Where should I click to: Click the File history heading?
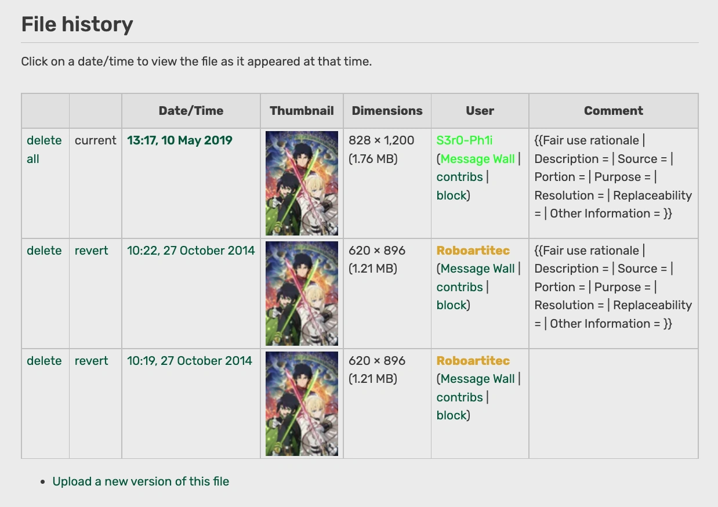[x=77, y=24]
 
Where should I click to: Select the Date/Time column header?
[x=191, y=111]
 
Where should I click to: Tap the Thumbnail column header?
[x=302, y=111]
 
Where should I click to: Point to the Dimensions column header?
[x=387, y=111]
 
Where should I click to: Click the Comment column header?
[x=613, y=111]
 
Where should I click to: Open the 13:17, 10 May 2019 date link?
[x=180, y=140]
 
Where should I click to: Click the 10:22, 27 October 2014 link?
[x=191, y=251]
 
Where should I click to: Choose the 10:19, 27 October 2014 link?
[x=190, y=361]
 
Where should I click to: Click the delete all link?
[x=44, y=149]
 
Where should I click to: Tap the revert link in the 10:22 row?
[x=92, y=251]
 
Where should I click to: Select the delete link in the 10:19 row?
[x=44, y=361]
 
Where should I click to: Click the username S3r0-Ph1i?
[x=465, y=140]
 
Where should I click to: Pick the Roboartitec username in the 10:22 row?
[x=473, y=251]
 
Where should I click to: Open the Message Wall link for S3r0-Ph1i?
[x=477, y=159]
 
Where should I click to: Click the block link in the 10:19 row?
[x=452, y=415]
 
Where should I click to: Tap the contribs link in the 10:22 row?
[x=460, y=287]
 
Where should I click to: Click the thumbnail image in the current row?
[x=302, y=183]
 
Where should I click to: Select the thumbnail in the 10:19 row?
[x=302, y=404]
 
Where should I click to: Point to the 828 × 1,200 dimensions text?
[x=381, y=140]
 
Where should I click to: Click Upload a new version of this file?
[x=140, y=481]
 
